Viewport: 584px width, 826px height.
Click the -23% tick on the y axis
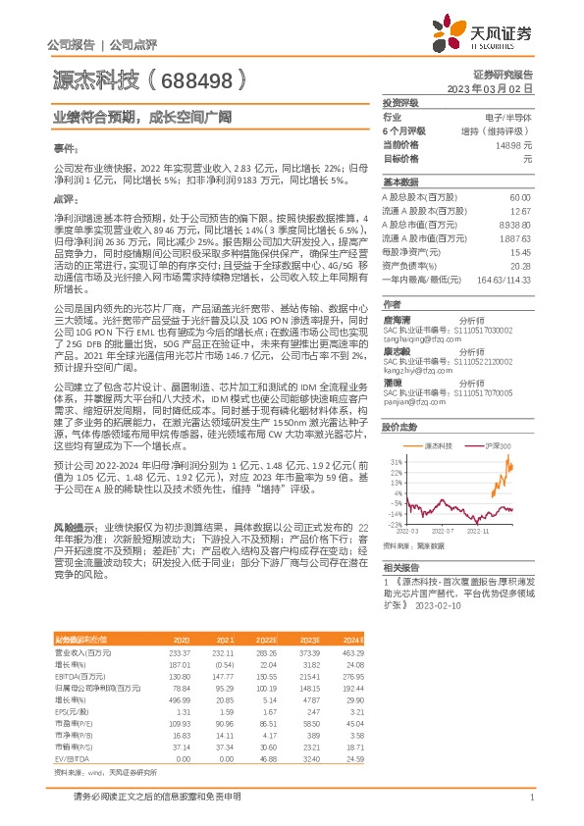tap(394, 525)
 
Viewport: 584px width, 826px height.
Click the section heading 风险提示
tap(75, 526)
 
